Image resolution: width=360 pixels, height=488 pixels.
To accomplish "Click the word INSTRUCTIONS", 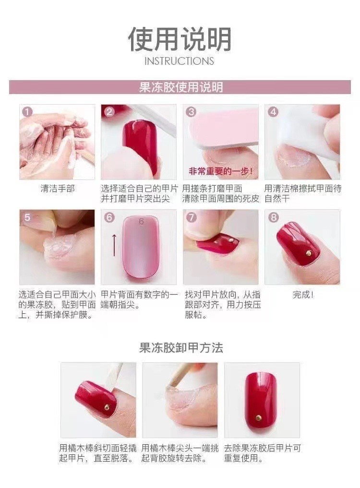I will click(x=179, y=61).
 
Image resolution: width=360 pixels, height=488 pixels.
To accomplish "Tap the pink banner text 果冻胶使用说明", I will click(x=180, y=87).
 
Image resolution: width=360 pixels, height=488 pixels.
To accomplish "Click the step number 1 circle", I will click(x=27, y=112).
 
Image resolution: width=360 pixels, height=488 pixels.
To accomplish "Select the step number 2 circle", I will click(x=109, y=112).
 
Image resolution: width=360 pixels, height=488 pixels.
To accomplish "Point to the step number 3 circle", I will click(x=191, y=112).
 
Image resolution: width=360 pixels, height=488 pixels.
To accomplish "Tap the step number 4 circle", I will click(x=273, y=112).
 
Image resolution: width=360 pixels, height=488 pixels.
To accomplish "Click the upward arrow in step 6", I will click(x=114, y=244).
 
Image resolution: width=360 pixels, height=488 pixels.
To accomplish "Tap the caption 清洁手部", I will click(x=58, y=189).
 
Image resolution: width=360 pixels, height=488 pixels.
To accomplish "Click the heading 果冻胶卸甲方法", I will click(x=181, y=347).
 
